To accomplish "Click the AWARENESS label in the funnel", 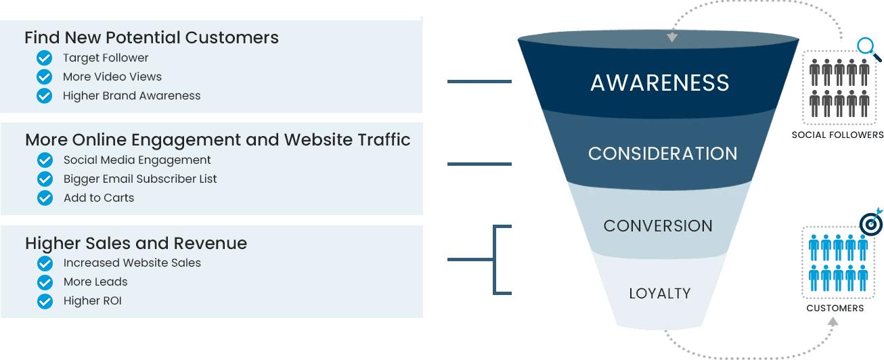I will point(660,83).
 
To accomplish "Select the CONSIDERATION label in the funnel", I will point(663,154).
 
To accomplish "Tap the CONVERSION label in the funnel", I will point(658,225).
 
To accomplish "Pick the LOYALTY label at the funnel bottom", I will point(660,294).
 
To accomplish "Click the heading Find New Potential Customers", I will point(152,37).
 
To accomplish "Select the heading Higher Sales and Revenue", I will point(136,243).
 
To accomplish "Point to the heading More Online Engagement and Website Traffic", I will point(218,140).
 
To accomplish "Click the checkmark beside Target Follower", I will point(45,58).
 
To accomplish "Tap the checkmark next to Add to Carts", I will point(45,198).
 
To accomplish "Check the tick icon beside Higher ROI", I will point(45,301).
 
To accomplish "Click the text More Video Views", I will point(112,76).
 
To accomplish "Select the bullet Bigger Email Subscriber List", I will point(140,179).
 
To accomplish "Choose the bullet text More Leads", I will point(95,282).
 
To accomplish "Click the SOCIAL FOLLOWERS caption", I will point(837,135).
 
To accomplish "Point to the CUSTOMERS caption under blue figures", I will point(835,308).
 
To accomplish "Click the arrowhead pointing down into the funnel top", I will point(671,38).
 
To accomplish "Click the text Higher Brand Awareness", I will point(132,95).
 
